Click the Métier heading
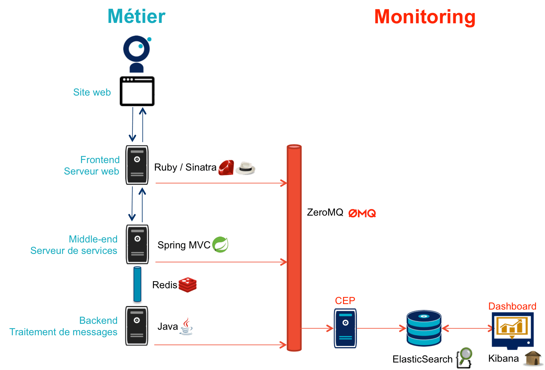[x=136, y=17]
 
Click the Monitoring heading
[x=424, y=17]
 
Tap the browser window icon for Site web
[x=137, y=91]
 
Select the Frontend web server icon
[x=137, y=165]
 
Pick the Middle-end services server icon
[x=137, y=244]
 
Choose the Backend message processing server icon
[x=137, y=326]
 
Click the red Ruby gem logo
[x=226, y=167]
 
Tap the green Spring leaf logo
[x=220, y=245]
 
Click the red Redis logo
[x=187, y=285]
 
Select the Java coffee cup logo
[x=186, y=326]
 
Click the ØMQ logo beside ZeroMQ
[x=362, y=213]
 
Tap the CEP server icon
[x=345, y=328]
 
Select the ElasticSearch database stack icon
[x=424, y=328]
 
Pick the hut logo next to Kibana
[x=533, y=358]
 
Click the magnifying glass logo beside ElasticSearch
[x=464, y=358]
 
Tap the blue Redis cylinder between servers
[x=137, y=285]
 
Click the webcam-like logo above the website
[x=137, y=53]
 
